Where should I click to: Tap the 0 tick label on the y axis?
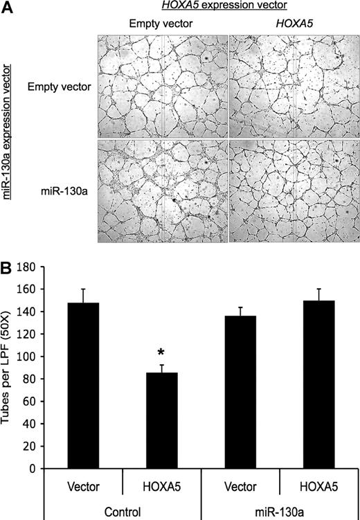51,469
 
